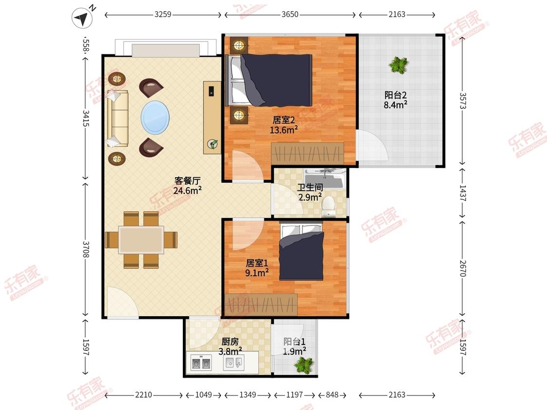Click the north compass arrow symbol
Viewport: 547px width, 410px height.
click(x=82, y=18)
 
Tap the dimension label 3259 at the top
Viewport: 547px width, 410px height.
click(x=163, y=14)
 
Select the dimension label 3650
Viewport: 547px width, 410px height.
click(x=290, y=14)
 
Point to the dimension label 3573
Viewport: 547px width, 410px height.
click(x=462, y=101)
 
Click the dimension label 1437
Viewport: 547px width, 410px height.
click(x=462, y=193)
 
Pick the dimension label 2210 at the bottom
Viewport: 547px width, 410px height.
click(x=143, y=394)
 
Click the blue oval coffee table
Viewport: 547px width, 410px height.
click(x=155, y=118)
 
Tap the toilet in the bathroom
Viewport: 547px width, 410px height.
click(x=328, y=207)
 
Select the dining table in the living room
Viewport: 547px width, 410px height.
click(x=141, y=240)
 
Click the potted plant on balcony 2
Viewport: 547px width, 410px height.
click(x=399, y=65)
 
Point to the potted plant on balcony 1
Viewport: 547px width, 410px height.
click(x=304, y=365)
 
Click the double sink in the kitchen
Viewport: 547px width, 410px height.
click(x=201, y=363)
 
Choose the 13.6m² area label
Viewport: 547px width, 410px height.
click(x=283, y=130)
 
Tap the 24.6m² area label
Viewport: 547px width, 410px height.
click(x=187, y=190)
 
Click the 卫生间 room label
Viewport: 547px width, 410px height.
click(x=310, y=188)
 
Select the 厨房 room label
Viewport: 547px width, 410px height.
click(x=230, y=342)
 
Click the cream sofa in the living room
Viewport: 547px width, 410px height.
click(x=118, y=119)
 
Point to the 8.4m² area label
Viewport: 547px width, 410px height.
click(x=396, y=104)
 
